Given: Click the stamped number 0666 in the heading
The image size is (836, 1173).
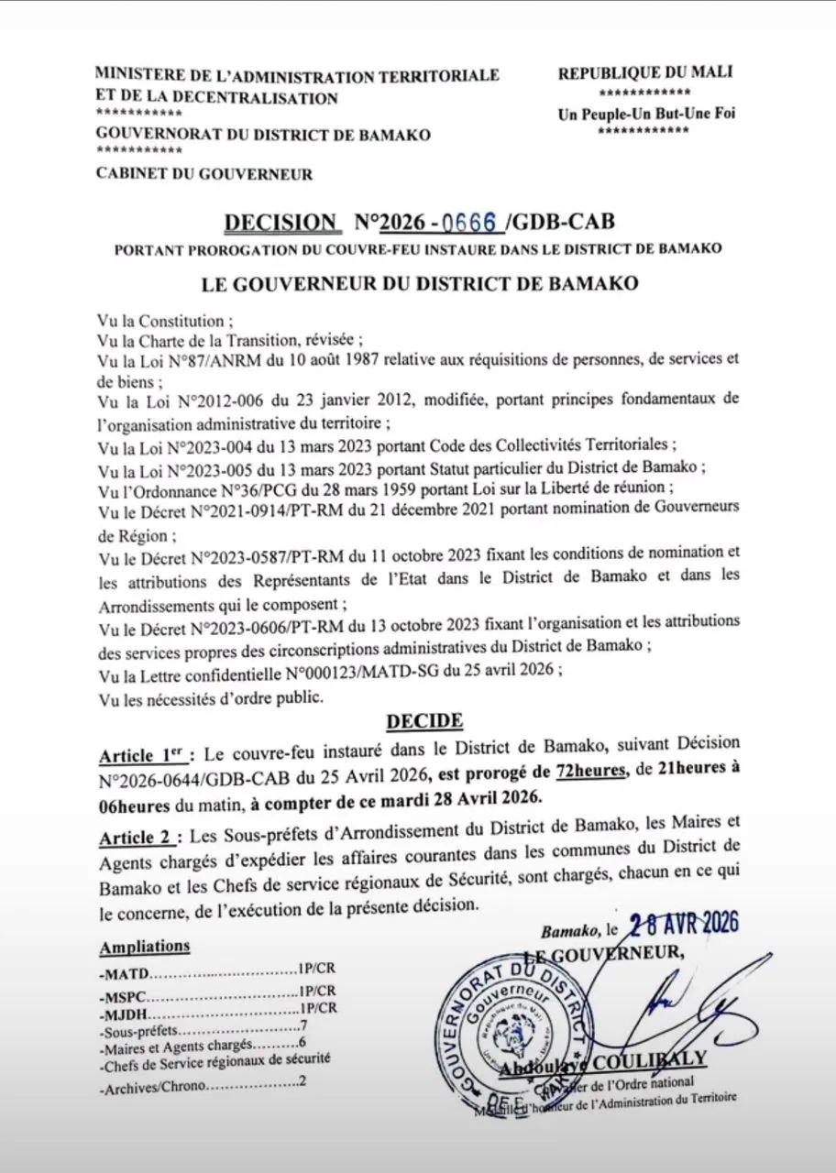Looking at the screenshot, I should click(x=468, y=223).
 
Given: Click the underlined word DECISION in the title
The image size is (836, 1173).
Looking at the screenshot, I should click(x=280, y=223).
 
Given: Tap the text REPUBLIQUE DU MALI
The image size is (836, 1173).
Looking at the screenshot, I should click(x=645, y=73).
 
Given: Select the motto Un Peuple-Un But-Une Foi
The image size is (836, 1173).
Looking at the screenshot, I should click(x=645, y=115).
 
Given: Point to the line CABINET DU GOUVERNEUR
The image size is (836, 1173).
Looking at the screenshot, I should click(x=203, y=173).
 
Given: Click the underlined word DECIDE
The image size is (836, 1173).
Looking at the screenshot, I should click(x=424, y=721).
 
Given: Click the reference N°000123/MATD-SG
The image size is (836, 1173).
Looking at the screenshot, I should click(x=360, y=671).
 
